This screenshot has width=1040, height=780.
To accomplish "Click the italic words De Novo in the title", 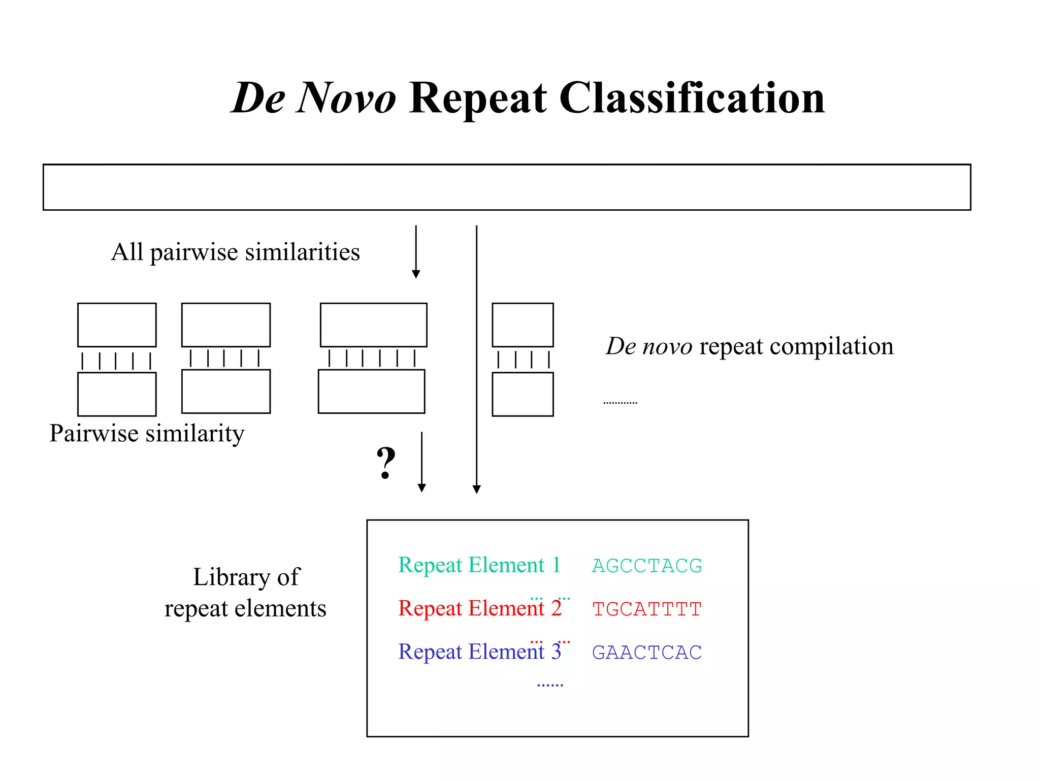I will pyautogui.click(x=313, y=97).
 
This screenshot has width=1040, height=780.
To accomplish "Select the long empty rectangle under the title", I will pyautogui.click(x=506, y=187).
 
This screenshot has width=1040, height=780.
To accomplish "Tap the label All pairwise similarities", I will pyautogui.click(x=235, y=252).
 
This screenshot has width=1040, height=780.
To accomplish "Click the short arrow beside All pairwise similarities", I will pyautogui.click(x=416, y=252).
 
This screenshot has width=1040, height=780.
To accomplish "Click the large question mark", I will pyautogui.click(x=386, y=463).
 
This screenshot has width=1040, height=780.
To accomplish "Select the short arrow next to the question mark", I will pyautogui.click(x=421, y=462).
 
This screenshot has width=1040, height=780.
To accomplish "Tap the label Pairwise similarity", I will pyautogui.click(x=147, y=433).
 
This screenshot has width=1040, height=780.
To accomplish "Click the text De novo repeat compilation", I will pyautogui.click(x=749, y=346).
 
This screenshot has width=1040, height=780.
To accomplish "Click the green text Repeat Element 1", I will pyautogui.click(x=479, y=565).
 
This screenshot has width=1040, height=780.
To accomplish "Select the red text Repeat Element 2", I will pyautogui.click(x=479, y=608).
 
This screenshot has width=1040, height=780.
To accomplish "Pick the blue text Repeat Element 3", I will pyautogui.click(x=479, y=651).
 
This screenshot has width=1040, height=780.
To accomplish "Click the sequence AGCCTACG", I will pyautogui.click(x=646, y=566).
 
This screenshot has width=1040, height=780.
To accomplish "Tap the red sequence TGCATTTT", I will pyautogui.click(x=646, y=609).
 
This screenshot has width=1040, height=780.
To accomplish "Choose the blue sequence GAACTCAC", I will pyautogui.click(x=646, y=652).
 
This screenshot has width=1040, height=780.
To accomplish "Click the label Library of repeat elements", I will pyautogui.click(x=246, y=592).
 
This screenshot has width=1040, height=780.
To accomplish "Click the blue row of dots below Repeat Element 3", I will pyautogui.click(x=550, y=685).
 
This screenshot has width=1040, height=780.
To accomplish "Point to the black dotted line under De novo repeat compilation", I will pyautogui.click(x=620, y=403).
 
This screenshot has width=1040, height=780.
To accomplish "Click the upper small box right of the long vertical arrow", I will pyautogui.click(x=523, y=325).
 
